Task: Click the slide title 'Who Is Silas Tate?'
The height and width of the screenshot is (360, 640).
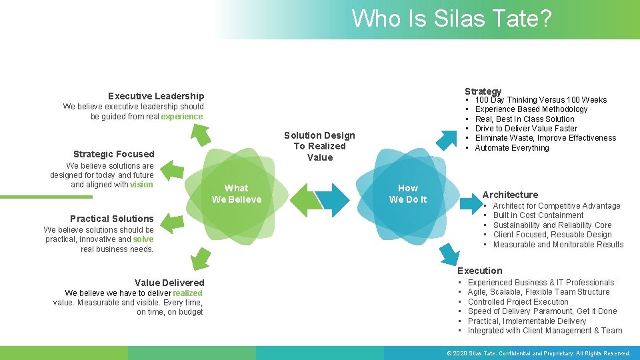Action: [x=451, y=18]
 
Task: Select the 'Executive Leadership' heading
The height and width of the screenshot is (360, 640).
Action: [x=156, y=96]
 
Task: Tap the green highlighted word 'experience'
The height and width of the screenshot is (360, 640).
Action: [x=181, y=117]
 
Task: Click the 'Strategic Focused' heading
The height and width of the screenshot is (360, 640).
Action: [x=113, y=154]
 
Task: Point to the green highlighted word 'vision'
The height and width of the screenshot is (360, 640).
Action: [x=141, y=185]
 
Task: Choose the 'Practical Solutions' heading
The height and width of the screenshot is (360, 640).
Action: [x=111, y=219]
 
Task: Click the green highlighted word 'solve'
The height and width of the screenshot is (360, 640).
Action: [x=143, y=239]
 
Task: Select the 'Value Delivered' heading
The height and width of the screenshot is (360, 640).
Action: [x=169, y=283]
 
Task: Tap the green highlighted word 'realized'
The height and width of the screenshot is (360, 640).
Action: [x=187, y=293]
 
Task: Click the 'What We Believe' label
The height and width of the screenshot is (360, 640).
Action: [x=237, y=194]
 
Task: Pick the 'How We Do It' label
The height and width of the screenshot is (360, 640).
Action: [x=408, y=194]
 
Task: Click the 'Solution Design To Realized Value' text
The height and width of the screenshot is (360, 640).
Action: [x=319, y=147]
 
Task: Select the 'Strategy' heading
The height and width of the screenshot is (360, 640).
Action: [x=483, y=91]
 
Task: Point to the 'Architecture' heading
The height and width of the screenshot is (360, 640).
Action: [x=510, y=195]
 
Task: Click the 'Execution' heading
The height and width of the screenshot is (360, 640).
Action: [x=479, y=271]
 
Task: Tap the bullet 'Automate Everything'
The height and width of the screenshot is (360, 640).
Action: [x=512, y=148]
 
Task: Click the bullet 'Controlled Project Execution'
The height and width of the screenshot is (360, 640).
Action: [x=518, y=301]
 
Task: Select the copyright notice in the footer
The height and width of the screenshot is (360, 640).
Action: [x=539, y=353]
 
